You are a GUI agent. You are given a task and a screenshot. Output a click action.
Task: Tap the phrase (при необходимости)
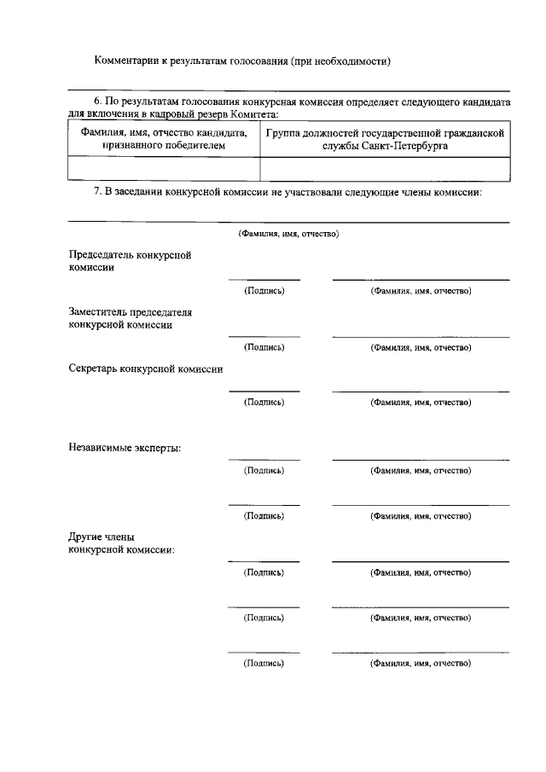pos(340,61)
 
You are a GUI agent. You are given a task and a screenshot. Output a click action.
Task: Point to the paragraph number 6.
pos(96,101)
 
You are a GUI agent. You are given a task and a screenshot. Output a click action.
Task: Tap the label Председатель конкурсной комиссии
pos(129,261)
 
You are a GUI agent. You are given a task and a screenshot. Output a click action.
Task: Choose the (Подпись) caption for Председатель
pos(264,291)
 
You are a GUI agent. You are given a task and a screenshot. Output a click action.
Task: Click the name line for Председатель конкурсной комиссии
pos(420,279)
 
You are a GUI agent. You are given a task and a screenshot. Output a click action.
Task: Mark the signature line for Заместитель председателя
pos(264,336)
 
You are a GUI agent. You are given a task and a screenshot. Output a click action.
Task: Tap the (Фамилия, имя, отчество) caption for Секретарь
pos(420,402)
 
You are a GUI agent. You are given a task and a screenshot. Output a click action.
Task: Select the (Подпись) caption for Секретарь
pos(264,402)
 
